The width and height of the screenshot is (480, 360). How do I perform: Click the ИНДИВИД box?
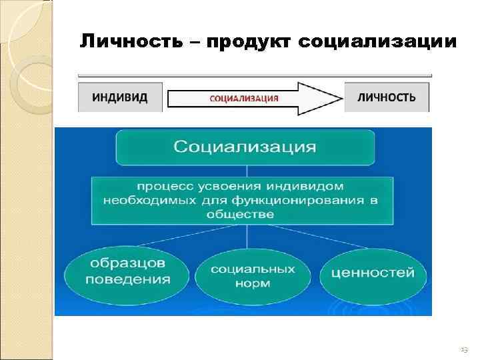pyautogui.click(x=120, y=97)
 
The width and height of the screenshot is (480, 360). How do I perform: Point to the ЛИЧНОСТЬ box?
pyautogui.click(x=387, y=97)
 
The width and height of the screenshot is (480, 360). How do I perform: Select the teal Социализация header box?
pyautogui.click(x=245, y=146)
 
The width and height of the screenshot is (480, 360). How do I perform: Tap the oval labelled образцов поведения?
pyautogui.click(x=127, y=273)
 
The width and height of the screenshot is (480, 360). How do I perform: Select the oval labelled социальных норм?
pyautogui.click(x=253, y=276)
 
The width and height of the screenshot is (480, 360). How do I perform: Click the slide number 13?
pyautogui.click(x=464, y=349)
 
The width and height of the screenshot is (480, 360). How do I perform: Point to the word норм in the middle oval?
pyautogui.click(x=253, y=283)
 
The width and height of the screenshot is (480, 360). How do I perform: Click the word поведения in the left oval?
pyautogui.click(x=127, y=279)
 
